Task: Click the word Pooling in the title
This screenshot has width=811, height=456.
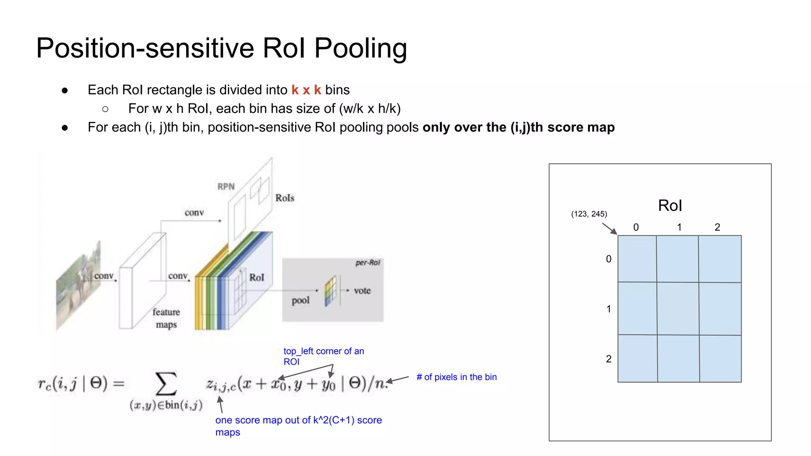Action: click(x=360, y=48)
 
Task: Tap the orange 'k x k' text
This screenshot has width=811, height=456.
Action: click(x=306, y=90)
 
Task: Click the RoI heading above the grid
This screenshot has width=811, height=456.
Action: click(x=670, y=206)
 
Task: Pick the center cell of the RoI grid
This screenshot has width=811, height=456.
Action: click(x=678, y=309)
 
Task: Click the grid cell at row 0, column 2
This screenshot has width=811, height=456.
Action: click(x=720, y=259)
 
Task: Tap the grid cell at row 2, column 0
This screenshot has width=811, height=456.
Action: click(x=638, y=358)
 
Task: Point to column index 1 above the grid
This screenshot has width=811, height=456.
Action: click(x=679, y=227)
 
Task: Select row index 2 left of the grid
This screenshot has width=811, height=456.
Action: click(x=609, y=359)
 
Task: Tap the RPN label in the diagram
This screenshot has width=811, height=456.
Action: click(x=226, y=186)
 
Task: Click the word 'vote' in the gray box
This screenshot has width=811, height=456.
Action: click(x=362, y=291)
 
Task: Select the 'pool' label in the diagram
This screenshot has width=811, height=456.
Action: click(x=301, y=300)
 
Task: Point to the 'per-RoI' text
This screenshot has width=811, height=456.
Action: click(x=367, y=263)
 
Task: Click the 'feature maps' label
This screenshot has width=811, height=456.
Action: click(x=166, y=318)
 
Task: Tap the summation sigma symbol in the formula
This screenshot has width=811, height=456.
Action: click(x=166, y=384)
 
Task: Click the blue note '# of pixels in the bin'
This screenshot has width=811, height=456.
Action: click(x=456, y=377)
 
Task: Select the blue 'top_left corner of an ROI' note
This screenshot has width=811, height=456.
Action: click(x=323, y=356)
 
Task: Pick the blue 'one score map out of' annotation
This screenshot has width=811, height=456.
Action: click(x=298, y=426)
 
